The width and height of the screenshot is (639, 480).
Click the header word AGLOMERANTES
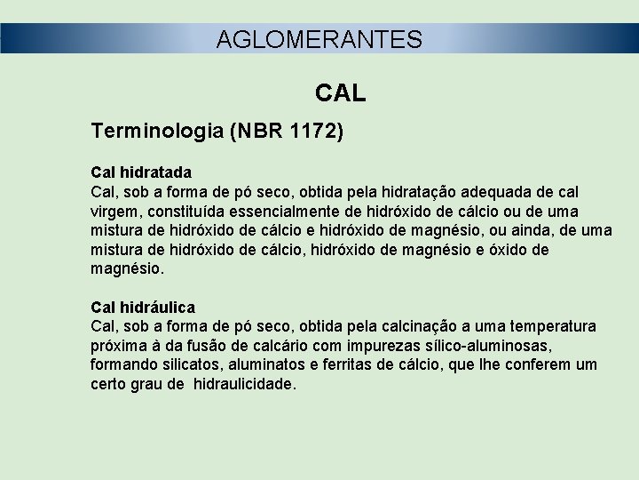[x=319, y=39]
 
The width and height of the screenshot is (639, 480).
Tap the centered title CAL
[x=341, y=93]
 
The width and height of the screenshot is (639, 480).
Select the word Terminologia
[x=157, y=132]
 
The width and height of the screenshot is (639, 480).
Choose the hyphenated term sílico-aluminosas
[x=477, y=347]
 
